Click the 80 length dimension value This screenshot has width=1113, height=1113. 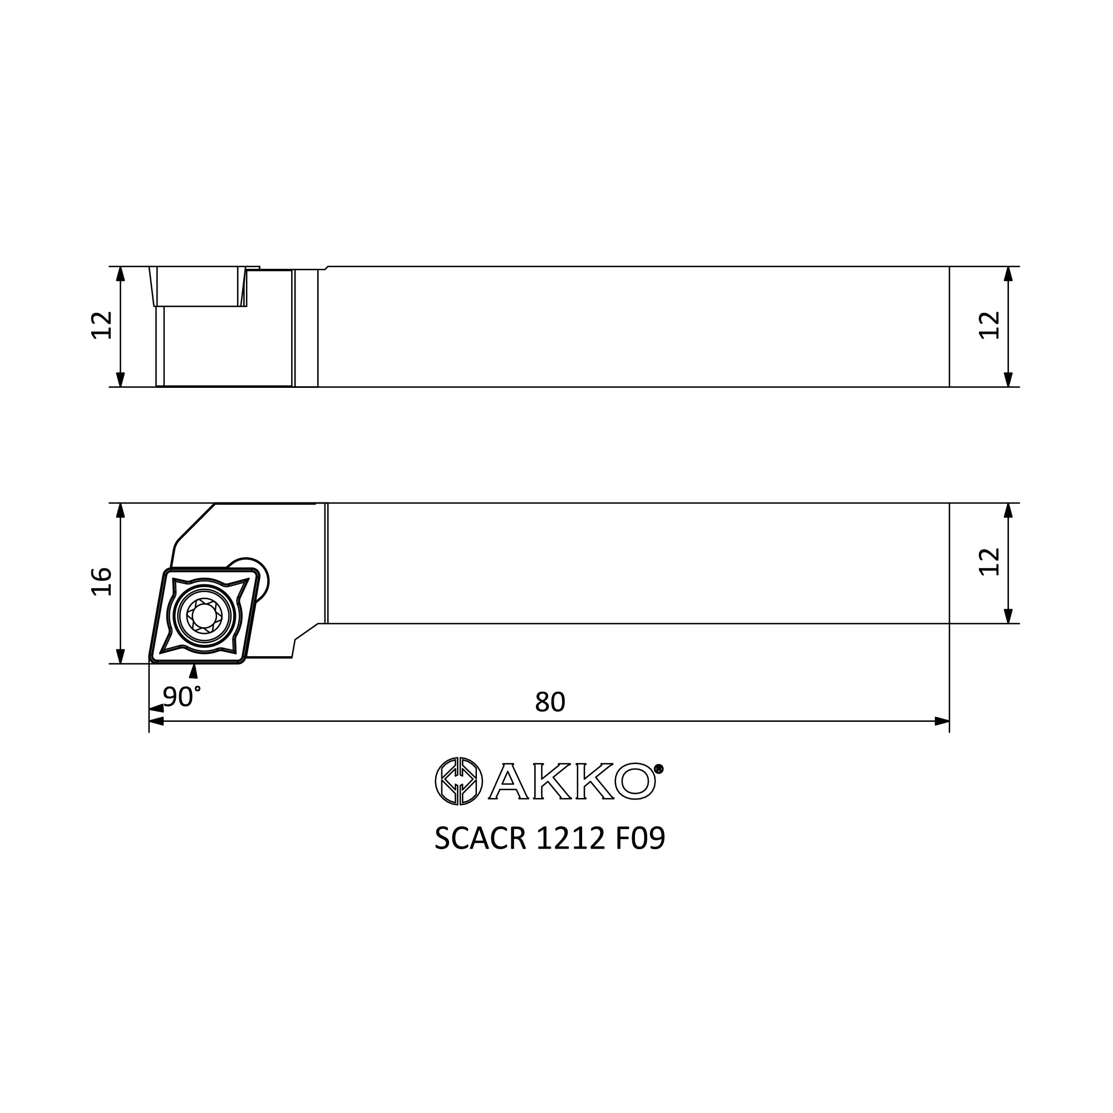pos(550,702)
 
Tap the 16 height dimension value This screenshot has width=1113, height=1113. pos(102,582)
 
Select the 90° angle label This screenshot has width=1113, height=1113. pos(181,697)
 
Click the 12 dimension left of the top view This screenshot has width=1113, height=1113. pos(102,326)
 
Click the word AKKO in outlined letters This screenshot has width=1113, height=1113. pos(572,781)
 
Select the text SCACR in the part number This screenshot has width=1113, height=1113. pos(480,838)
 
